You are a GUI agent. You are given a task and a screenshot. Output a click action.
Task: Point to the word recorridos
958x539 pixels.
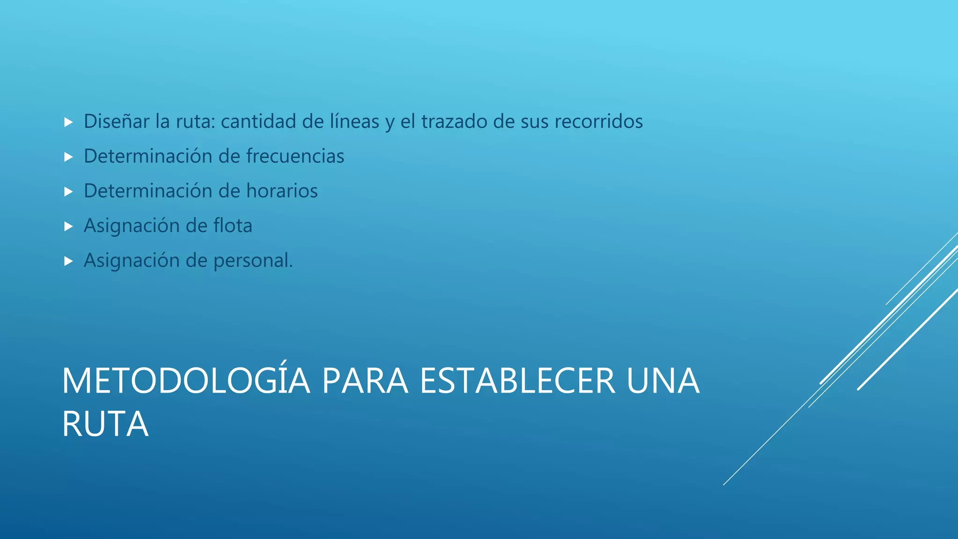(x=599, y=122)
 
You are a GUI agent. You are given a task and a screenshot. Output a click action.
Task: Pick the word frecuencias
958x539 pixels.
(x=295, y=156)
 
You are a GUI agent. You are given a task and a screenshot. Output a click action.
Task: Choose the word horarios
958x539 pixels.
(x=282, y=191)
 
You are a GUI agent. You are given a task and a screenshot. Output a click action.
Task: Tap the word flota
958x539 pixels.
(x=233, y=226)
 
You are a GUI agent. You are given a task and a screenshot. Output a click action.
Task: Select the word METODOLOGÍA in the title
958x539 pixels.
(x=186, y=381)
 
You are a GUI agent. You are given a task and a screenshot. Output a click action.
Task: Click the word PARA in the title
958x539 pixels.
(x=365, y=381)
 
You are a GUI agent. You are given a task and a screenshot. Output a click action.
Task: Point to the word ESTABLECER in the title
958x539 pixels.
(x=517, y=381)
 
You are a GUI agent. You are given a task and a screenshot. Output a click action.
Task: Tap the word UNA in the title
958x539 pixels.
(x=663, y=381)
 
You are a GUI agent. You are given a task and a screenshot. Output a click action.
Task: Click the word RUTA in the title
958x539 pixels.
(x=105, y=424)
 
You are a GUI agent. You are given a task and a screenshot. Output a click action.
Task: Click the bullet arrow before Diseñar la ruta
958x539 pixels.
(x=69, y=123)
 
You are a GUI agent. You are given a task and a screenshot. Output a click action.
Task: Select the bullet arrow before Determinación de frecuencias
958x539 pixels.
(x=69, y=157)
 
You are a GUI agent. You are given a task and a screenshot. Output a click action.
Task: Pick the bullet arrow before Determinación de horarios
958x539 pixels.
(x=69, y=192)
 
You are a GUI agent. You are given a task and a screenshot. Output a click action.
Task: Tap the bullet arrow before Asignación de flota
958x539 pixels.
(x=69, y=226)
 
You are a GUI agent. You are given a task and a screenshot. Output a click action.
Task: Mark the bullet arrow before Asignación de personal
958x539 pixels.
(x=69, y=261)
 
